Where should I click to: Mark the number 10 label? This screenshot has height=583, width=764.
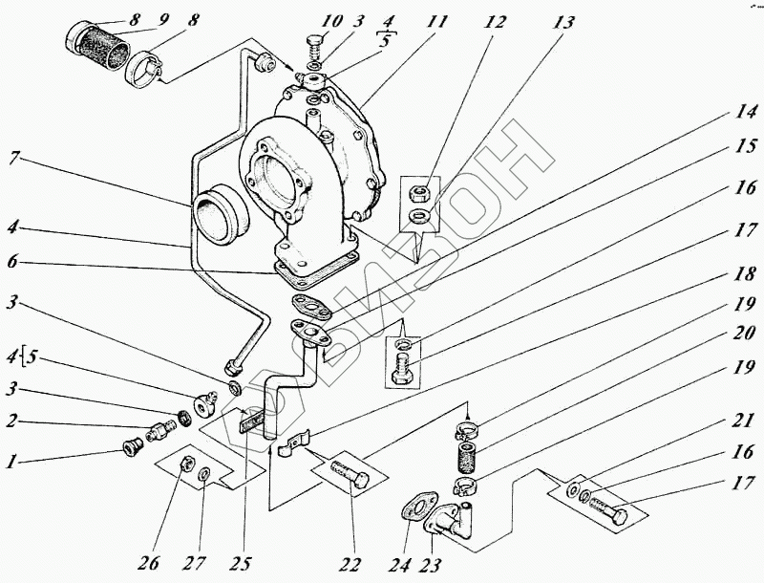(x=330, y=19)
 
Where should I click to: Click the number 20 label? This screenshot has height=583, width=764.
(x=743, y=334)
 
